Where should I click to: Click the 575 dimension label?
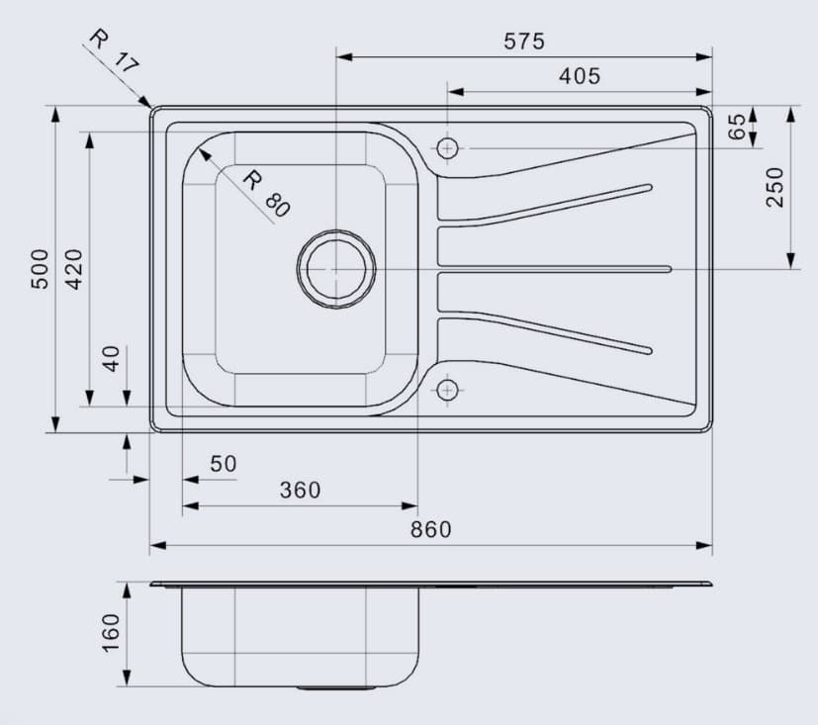(524, 42)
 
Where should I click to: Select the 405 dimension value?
(579, 76)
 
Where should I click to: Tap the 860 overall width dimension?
(430, 529)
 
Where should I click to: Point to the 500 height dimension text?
(40, 268)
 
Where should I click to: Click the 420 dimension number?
(74, 268)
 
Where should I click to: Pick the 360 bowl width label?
(300, 490)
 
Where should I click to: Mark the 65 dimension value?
(736, 128)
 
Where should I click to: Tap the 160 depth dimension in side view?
(110, 633)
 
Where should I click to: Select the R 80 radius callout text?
(266, 194)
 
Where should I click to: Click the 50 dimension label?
(224, 464)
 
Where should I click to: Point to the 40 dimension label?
(112, 358)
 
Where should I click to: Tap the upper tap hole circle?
(448, 148)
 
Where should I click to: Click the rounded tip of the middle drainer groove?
(668, 268)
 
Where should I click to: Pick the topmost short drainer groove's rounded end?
(648, 186)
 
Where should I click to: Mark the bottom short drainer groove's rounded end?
(648, 349)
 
